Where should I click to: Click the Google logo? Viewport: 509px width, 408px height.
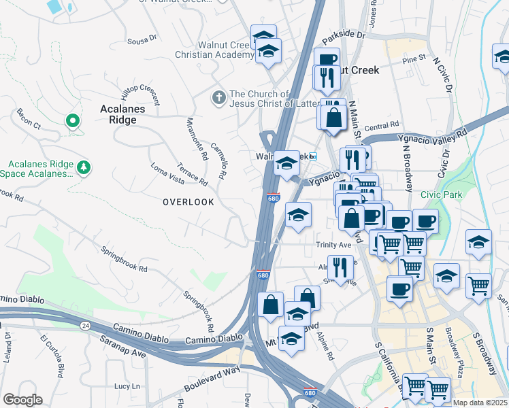tap(22, 400)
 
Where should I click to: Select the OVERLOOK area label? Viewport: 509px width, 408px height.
tap(188, 202)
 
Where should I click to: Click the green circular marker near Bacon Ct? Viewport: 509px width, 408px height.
tap(72, 122)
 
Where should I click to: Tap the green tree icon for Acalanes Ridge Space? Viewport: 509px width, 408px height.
tap(84, 167)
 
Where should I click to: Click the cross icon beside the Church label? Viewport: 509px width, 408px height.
tap(218, 98)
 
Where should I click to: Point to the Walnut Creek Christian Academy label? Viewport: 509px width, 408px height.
tap(214, 50)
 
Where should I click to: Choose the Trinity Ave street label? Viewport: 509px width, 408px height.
tap(333, 245)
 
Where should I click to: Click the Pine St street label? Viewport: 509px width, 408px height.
tap(413, 60)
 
